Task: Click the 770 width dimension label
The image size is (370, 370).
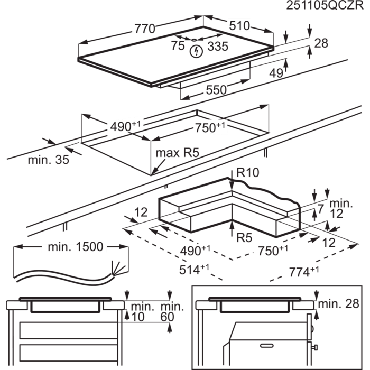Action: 144,30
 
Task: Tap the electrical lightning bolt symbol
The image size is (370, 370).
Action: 197,51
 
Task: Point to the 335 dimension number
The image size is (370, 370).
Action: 217,47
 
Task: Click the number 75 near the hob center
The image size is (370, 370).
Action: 178,46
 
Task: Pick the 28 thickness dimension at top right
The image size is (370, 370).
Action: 321,44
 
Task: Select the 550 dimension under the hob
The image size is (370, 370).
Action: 216,90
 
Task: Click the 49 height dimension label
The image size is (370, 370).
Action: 276,74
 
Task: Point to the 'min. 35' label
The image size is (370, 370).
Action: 49,160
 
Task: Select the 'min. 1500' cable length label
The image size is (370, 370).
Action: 77,247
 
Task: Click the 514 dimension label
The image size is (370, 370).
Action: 191,270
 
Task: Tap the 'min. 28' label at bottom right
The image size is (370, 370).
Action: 339,303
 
